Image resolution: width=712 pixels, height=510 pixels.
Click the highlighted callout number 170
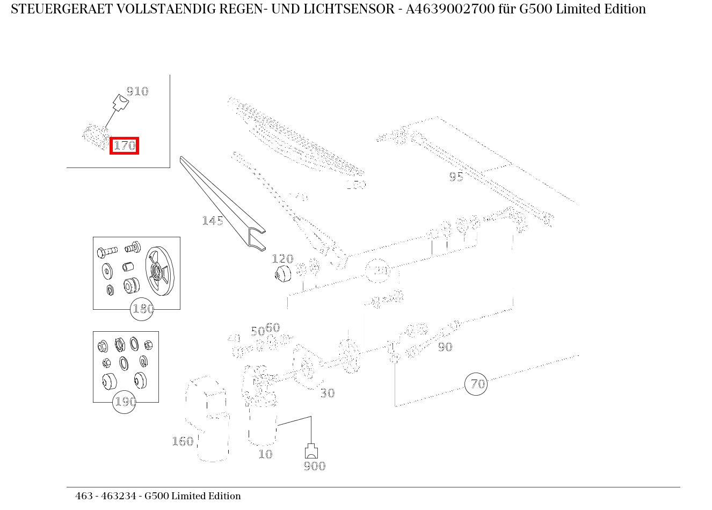pos(124,145)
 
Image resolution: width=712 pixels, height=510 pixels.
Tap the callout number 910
pos(137,91)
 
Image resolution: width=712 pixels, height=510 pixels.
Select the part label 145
pos(212,221)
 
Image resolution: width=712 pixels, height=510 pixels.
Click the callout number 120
pos(282,259)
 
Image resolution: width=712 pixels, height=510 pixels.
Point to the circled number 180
pos(142,309)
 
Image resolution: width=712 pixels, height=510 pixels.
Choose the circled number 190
pos(125,402)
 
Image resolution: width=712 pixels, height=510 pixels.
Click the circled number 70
pos(476,384)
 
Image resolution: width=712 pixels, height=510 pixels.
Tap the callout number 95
pos(456,177)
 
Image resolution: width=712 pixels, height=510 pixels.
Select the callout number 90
pos(445,347)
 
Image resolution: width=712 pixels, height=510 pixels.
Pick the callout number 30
pos(328,394)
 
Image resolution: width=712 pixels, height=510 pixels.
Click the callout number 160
pos(183,441)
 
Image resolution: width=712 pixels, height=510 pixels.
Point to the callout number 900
pos(314,466)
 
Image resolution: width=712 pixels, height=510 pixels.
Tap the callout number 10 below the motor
pos(265,454)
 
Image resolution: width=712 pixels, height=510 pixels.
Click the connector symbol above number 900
pos(311,451)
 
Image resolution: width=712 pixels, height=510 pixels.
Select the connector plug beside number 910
pos(120,103)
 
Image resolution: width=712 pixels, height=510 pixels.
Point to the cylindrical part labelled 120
pos(282,274)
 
